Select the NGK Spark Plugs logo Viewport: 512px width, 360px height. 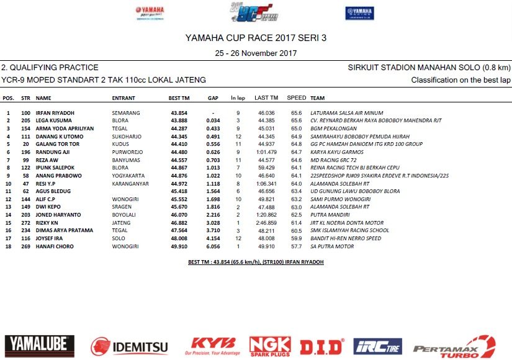pos(270,346)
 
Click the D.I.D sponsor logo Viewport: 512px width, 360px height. pos(322,346)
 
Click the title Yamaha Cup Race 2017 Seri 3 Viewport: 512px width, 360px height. pos(256,38)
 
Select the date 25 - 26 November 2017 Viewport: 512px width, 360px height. pos(256,53)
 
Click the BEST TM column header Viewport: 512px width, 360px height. pos(179,98)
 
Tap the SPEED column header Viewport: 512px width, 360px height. pos(297,98)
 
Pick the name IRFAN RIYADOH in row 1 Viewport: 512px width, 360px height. pos(55,112)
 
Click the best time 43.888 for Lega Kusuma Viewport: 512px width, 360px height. pos(179,120)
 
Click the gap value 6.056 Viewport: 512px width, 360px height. pos(214,246)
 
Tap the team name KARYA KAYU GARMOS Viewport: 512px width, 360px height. pos(333,151)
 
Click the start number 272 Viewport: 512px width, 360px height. pos(26,222)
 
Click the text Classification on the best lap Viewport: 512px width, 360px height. pos(460,80)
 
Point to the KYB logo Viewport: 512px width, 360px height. pos(213,343)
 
